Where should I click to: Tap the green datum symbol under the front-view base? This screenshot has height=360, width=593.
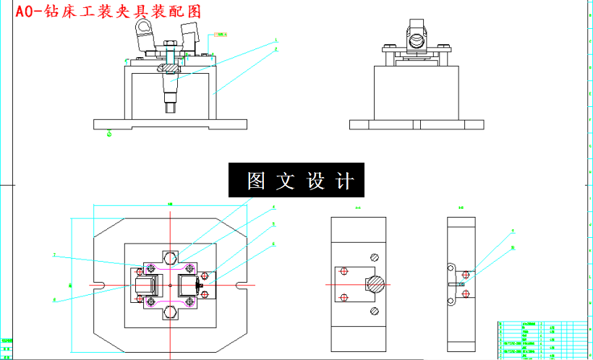[109, 133]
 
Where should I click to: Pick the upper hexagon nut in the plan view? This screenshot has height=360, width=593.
[171, 258]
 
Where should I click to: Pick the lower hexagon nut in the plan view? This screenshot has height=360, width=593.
[171, 312]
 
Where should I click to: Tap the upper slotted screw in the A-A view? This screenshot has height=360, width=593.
[374, 257]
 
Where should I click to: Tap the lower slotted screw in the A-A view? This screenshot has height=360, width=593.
[374, 312]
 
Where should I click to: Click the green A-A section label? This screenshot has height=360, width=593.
[358, 209]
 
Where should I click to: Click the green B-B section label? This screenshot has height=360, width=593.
[461, 209]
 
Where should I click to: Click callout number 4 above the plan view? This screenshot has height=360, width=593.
[273, 207]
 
